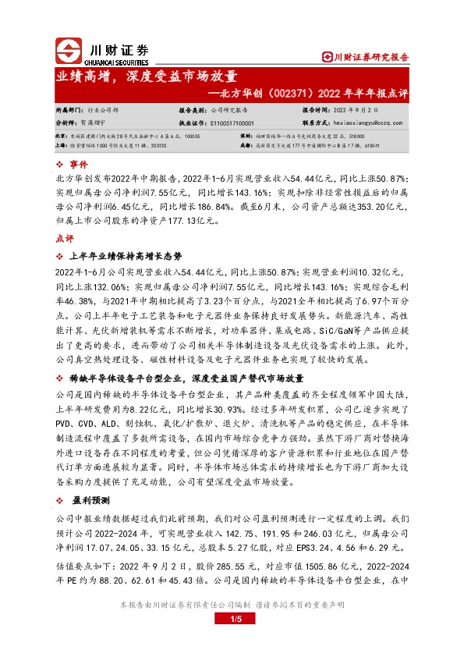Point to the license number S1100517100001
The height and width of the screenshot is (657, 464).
(232, 123)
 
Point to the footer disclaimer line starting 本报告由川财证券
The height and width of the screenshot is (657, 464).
(232, 605)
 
